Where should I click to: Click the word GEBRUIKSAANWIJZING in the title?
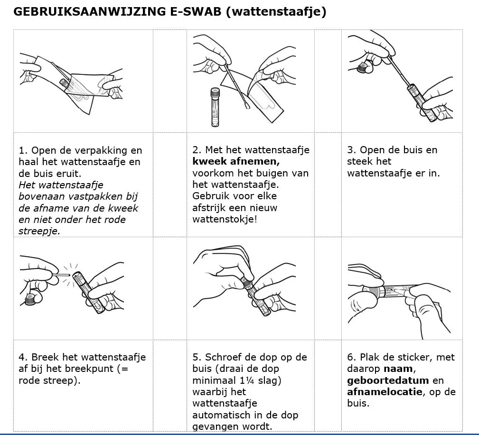click(x=85, y=12)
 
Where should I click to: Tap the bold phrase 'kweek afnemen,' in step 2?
click(x=236, y=161)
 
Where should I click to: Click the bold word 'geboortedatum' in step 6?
click(x=388, y=380)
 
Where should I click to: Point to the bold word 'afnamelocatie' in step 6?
click(x=384, y=392)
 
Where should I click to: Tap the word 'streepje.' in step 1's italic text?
click(x=39, y=231)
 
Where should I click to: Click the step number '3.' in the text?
click(x=352, y=150)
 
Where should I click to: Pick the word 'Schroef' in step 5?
click(x=223, y=357)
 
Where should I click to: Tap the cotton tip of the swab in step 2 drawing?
click(x=248, y=105)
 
